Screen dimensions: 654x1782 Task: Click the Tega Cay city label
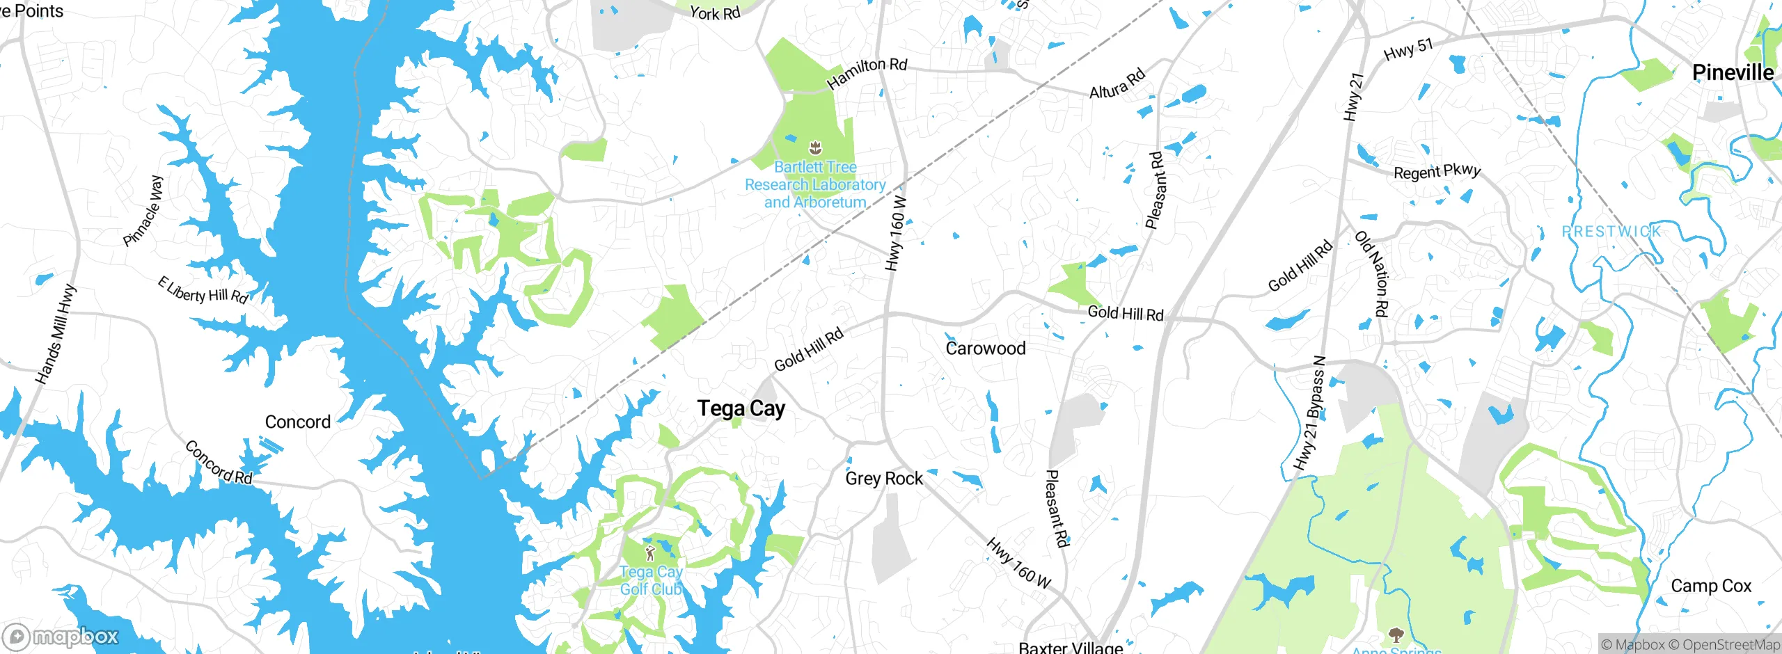741,408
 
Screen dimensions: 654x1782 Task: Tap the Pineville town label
1733,72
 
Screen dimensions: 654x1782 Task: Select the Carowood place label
986,348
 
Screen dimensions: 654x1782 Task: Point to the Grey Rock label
884,479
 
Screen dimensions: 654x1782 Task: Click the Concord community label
298,422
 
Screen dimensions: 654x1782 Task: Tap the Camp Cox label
1711,586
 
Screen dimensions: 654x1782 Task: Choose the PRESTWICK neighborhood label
1611,231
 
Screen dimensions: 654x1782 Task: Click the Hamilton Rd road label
867,73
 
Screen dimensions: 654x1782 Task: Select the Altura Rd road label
1117,83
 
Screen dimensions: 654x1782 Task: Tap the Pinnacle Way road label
143,211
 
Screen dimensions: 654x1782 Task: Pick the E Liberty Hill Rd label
203,291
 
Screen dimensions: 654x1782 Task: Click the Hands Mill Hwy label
56,334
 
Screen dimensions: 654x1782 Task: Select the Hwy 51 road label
1409,50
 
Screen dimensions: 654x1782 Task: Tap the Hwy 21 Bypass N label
1310,413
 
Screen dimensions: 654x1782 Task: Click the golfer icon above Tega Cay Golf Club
650,554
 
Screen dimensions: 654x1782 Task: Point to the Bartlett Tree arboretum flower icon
815,147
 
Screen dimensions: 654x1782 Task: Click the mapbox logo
61,636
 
